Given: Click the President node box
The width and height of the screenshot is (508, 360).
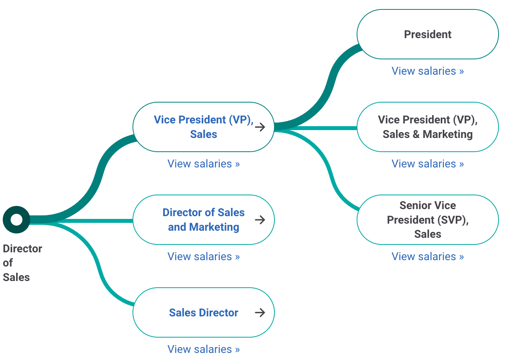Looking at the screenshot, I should point(427,35).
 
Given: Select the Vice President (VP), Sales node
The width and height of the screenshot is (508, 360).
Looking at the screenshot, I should point(203,127).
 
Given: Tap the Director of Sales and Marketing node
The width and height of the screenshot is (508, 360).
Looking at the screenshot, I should point(203,220).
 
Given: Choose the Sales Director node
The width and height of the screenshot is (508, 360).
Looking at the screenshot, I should point(203,312).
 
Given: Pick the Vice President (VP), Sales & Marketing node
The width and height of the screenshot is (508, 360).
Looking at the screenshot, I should point(427,127).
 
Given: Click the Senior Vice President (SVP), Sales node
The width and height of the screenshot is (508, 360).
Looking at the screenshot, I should point(427,220).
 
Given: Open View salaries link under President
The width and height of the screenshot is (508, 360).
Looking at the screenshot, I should point(427,71).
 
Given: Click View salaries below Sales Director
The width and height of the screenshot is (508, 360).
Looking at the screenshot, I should point(203,349).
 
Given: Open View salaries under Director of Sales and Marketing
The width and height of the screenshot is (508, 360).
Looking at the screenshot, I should point(203,256).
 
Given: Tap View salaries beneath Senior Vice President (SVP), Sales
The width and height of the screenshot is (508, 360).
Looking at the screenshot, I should point(427,256).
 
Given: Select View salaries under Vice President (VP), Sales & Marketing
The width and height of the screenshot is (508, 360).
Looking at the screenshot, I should point(427,163).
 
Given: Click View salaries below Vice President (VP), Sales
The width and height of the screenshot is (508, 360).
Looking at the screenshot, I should point(203,163).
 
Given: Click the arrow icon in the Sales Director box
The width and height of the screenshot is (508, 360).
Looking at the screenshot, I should point(260,312).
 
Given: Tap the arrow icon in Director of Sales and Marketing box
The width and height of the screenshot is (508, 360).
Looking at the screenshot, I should point(260,220).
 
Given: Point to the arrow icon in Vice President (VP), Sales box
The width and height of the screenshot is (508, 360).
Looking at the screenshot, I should point(260,127).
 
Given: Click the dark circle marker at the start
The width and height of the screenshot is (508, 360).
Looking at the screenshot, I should point(17,219).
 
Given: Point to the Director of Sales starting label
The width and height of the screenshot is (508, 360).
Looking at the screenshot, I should point(22,263).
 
